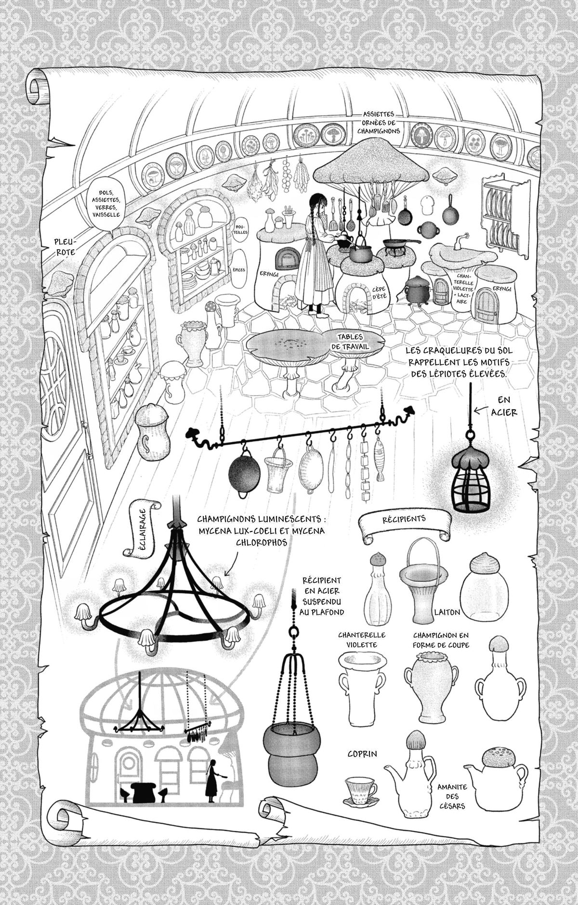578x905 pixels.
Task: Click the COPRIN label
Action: coord(362,753)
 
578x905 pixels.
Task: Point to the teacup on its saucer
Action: coord(361,790)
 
